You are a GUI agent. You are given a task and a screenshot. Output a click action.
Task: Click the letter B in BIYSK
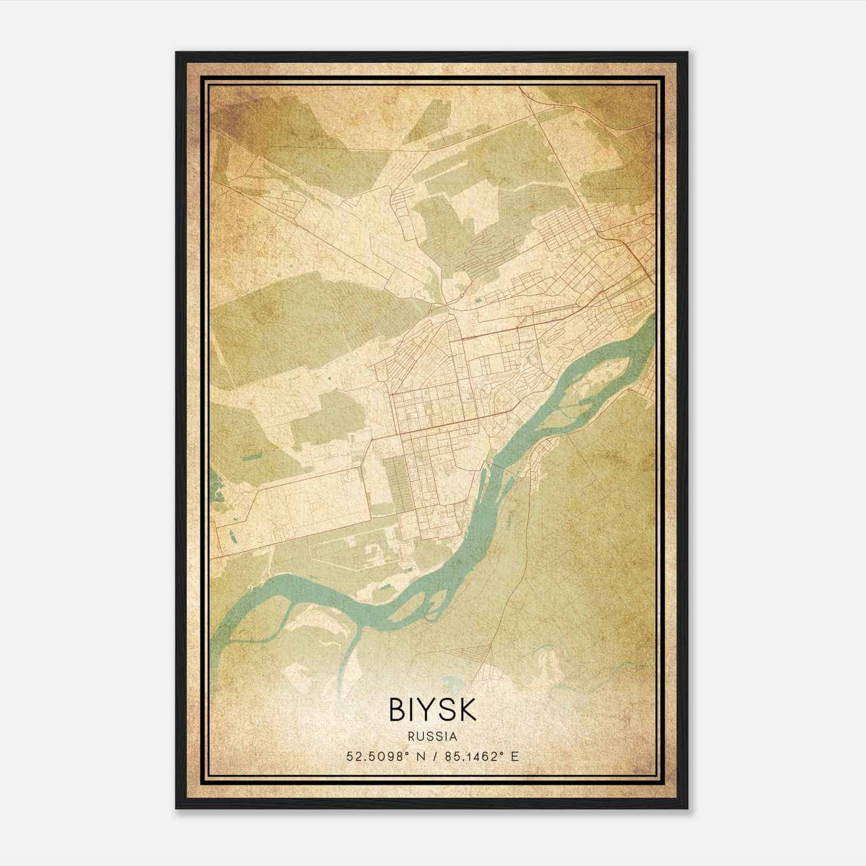click(x=397, y=710)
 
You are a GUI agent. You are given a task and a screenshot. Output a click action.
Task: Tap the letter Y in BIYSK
click(x=432, y=710)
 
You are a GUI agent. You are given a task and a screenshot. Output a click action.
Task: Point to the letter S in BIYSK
click(x=450, y=710)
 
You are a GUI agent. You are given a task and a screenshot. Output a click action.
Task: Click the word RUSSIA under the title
click(x=432, y=737)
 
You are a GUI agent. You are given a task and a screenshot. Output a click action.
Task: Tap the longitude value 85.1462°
click(x=469, y=756)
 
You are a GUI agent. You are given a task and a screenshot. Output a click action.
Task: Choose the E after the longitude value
click(x=515, y=756)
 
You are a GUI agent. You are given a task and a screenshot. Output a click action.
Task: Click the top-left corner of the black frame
click(x=177, y=53)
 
